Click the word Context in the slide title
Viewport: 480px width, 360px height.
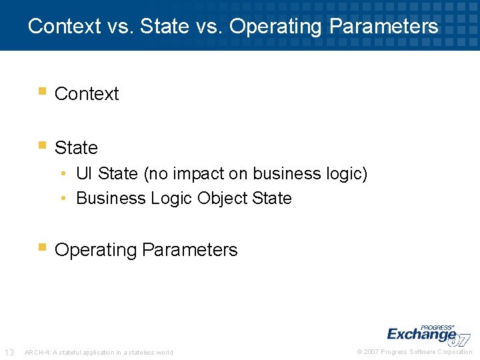tap(63, 26)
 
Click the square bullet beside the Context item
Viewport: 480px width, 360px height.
tap(42, 91)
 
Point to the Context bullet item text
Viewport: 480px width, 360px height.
tap(87, 94)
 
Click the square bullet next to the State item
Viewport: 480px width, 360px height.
tap(42, 145)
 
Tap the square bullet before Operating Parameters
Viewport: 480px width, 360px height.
tap(42, 247)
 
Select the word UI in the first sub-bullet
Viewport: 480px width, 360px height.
tap(84, 174)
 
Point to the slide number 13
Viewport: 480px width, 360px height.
tap(9, 352)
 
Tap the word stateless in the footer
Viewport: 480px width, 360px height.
tap(141, 353)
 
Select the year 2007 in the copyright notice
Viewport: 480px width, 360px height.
tap(372, 352)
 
